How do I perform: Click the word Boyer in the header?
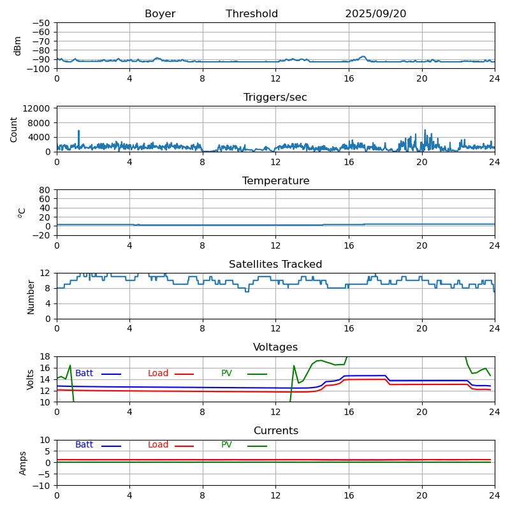[x=160, y=14]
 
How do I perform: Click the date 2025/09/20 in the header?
[x=375, y=14]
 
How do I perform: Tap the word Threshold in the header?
[x=252, y=14]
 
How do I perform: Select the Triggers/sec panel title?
[x=275, y=98]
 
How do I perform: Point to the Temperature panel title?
[x=275, y=181]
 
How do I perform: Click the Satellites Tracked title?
[x=275, y=265]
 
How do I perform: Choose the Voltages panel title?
[x=275, y=347]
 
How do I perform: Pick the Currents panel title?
[x=275, y=431]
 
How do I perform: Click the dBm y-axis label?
[x=18, y=45]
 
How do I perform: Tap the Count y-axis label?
[x=14, y=129]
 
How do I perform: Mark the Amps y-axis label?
[x=23, y=463]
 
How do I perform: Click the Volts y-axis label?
[x=31, y=379]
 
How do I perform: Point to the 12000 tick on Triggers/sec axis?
[x=38, y=109]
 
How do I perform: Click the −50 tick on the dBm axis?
[x=40, y=23]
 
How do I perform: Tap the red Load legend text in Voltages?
[x=158, y=374]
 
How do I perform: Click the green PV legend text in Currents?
[x=228, y=445]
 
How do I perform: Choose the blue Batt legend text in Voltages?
[x=84, y=374]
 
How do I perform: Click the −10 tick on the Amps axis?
[x=40, y=486]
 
